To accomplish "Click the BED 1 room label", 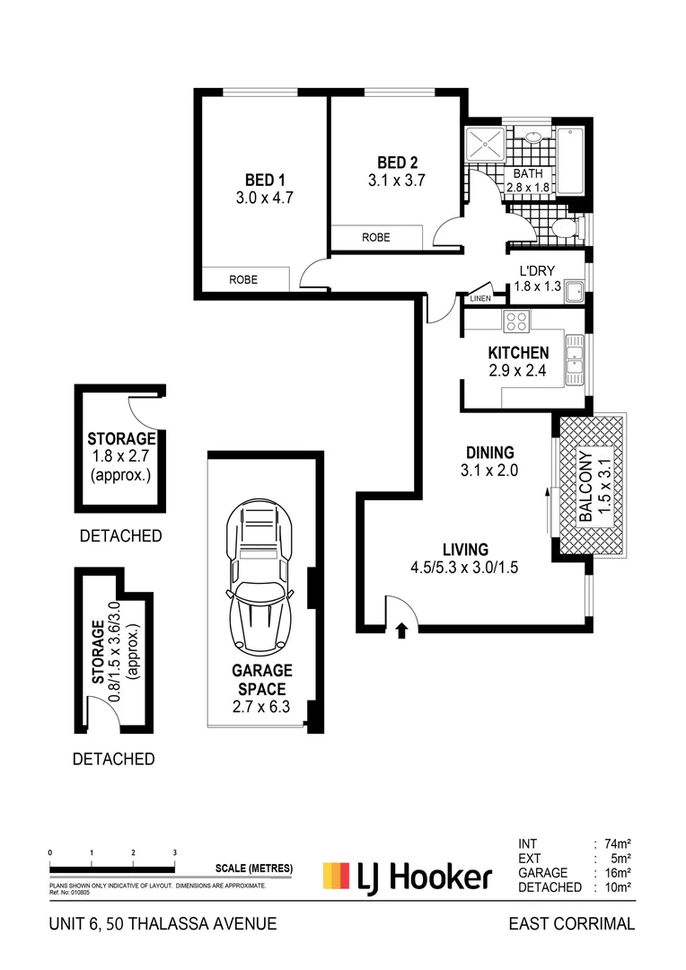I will coord(265,178).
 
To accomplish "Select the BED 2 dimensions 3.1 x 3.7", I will coord(397,180).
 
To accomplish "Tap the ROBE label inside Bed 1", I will coord(242,279).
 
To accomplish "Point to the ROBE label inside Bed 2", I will coord(375,238).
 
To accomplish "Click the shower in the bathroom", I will coord(486,144).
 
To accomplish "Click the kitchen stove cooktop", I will coord(516,321).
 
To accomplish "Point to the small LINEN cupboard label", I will coord(479,298).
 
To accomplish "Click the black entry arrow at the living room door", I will coord(401,630).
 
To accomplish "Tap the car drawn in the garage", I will coord(263,575).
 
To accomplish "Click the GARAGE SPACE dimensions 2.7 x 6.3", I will coord(263,708).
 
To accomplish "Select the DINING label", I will coord(489,453).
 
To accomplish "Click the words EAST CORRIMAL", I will coord(571,923).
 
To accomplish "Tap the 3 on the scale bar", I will coord(174,852).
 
